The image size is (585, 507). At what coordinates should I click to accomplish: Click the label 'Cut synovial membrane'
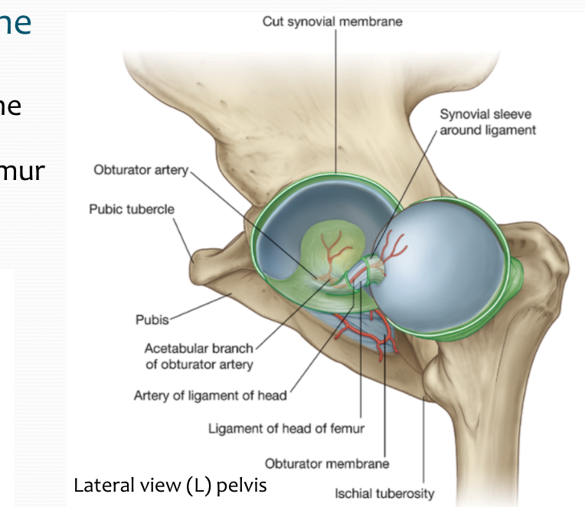point(332,21)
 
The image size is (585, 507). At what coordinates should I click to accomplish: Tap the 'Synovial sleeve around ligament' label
point(487,123)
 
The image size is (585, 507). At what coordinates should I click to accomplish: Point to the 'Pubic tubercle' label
point(132,208)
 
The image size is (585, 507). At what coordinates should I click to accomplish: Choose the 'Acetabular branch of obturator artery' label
point(199,357)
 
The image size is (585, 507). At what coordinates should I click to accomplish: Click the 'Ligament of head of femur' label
point(286,428)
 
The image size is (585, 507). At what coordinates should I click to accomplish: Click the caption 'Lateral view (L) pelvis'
point(170,485)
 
